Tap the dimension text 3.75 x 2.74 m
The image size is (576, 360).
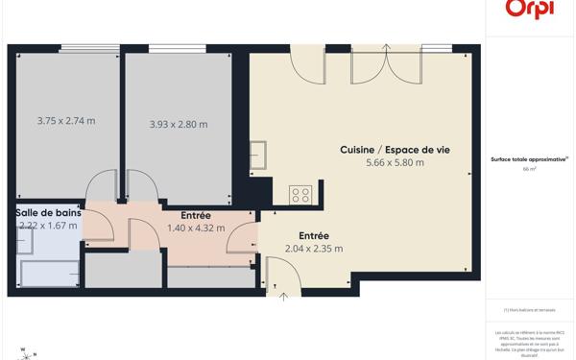(66, 121)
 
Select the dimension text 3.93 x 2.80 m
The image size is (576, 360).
(179, 124)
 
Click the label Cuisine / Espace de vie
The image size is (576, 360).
(395, 150)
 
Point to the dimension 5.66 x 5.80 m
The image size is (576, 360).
(395, 163)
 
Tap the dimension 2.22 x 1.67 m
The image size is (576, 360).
(48, 226)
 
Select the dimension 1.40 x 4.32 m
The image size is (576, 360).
(196, 228)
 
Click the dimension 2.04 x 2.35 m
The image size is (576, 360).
(314, 249)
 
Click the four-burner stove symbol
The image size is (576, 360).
(300, 195)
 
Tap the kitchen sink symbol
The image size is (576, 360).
(258, 155)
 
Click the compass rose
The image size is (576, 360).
(27, 353)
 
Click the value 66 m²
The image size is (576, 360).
(529, 169)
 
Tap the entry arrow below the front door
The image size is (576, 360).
(283, 297)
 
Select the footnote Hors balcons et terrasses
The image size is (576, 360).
(529, 310)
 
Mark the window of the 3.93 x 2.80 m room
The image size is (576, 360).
(178, 48)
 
